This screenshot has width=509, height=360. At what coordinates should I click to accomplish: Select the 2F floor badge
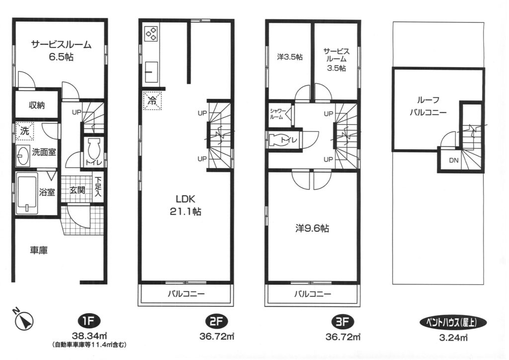(x=217, y=322)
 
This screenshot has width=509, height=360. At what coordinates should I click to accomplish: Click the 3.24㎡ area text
(x=453, y=338)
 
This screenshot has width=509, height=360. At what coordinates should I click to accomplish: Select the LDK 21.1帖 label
(x=185, y=205)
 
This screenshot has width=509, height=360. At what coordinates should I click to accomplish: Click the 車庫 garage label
(x=39, y=250)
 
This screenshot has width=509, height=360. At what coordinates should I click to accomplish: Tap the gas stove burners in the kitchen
(x=151, y=33)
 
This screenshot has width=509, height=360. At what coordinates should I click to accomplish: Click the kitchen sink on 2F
(x=151, y=72)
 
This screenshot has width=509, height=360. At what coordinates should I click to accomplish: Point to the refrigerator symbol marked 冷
(x=152, y=100)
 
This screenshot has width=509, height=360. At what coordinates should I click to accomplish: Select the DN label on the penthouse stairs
(x=454, y=161)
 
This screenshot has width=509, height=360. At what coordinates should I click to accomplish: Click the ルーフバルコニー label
(x=428, y=106)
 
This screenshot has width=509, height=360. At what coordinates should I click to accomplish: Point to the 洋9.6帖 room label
(x=312, y=229)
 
